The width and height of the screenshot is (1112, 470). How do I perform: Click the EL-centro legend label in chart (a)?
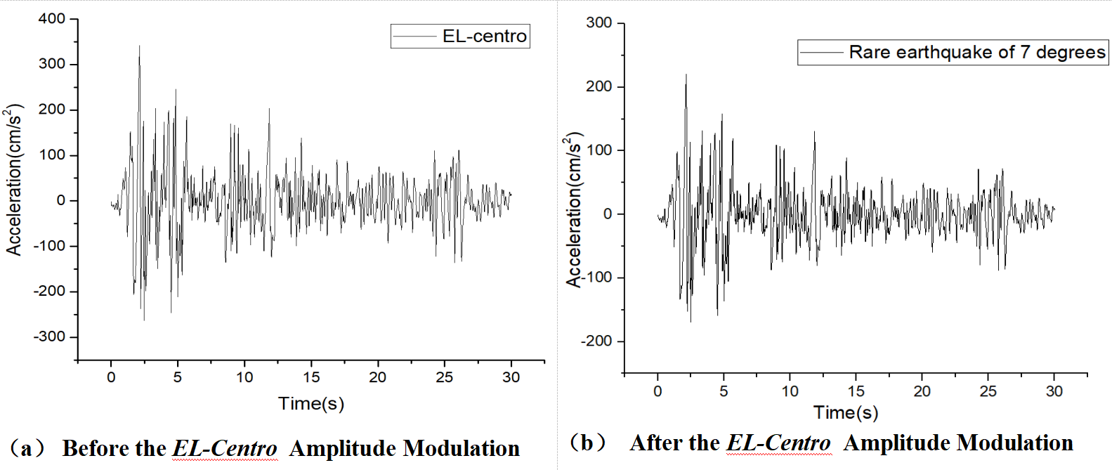[x=484, y=36]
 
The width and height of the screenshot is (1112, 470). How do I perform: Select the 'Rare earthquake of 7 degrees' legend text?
[x=977, y=52]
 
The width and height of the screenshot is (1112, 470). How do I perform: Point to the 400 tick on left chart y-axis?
[x=52, y=19]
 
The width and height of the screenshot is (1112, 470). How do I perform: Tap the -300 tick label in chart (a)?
[x=49, y=337]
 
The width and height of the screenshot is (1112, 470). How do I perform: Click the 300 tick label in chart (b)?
[x=598, y=22]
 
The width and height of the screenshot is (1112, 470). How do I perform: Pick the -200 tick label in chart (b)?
[x=596, y=341]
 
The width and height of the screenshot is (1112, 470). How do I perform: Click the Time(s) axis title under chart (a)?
[x=311, y=403]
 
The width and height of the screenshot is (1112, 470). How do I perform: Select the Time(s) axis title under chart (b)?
[x=846, y=412]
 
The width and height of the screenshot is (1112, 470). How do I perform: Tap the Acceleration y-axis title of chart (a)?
[x=14, y=179]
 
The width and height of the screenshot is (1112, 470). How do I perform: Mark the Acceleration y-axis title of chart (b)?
[x=575, y=209]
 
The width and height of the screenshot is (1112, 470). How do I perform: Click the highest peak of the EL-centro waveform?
[x=139, y=46]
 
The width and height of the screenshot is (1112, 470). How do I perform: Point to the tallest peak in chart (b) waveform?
[x=686, y=74]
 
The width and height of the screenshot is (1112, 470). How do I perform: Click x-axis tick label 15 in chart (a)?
[x=311, y=377]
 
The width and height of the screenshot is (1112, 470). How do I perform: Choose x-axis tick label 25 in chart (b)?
[x=988, y=391]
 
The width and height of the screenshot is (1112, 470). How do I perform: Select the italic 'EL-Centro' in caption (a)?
[x=225, y=448]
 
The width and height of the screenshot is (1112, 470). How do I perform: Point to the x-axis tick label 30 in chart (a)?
[x=511, y=377]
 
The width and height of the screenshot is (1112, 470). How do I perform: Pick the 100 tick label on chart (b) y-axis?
[x=598, y=150]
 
